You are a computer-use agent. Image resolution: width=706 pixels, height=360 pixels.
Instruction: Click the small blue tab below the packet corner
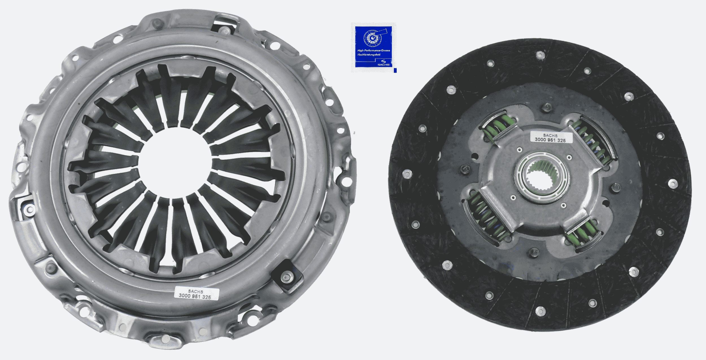[x=395, y=70]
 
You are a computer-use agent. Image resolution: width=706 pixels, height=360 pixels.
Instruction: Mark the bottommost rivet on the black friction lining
[x=540, y=310]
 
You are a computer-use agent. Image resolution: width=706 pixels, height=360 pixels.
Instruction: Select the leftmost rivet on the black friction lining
[x=408, y=174]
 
